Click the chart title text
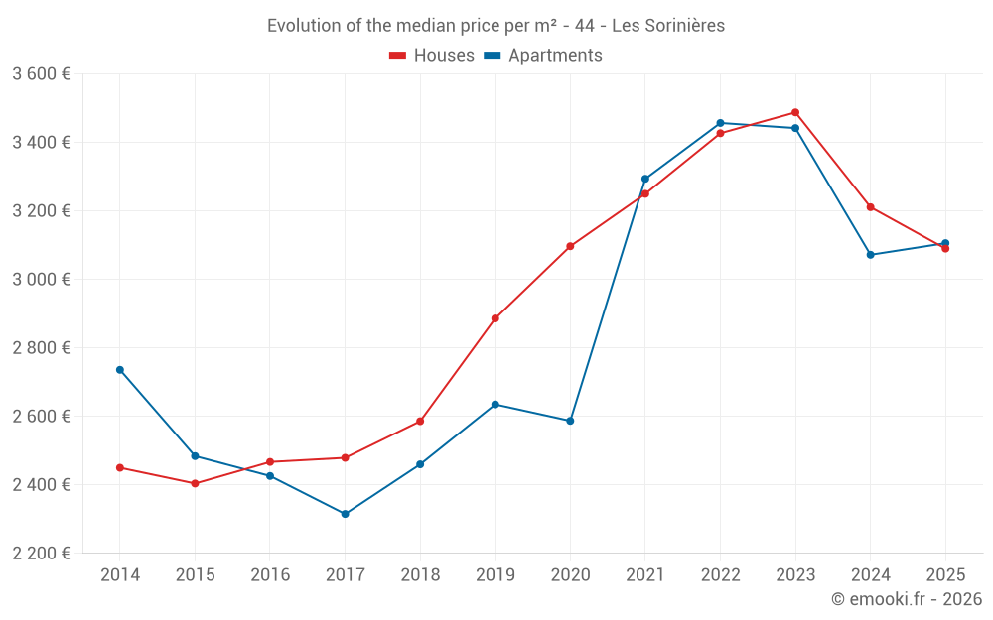click(x=496, y=26)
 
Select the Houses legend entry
click(x=432, y=56)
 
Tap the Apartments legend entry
click(x=543, y=56)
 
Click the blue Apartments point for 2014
click(x=120, y=370)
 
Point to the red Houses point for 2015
click(x=195, y=484)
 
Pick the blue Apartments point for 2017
click(x=345, y=514)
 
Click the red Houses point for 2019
click(x=495, y=318)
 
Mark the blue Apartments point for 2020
click(x=570, y=421)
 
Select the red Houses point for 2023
click(x=795, y=112)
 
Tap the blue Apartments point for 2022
click(x=720, y=123)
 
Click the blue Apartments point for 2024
click(x=870, y=255)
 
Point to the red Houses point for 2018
click(x=420, y=422)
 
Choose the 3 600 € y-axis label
click(x=41, y=74)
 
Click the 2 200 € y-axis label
click(x=41, y=554)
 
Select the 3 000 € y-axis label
click(x=41, y=280)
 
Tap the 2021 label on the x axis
click(x=644, y=575)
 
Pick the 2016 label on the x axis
click(x=270, y=575)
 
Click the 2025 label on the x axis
click(x=944, y=575)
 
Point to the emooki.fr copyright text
click(x=906, y=599)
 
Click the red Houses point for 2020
click(x=570, y=246)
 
